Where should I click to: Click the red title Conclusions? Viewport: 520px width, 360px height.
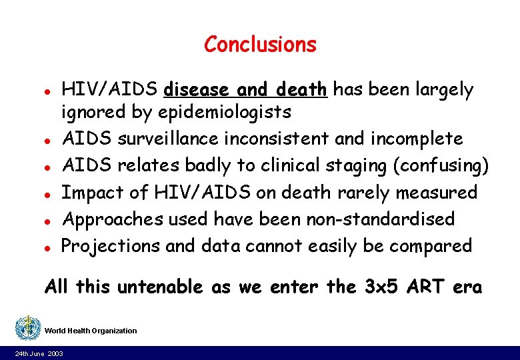(260, 45)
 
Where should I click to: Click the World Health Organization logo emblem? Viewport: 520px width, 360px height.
(27, 328)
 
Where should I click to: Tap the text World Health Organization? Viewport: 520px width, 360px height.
(91, 331)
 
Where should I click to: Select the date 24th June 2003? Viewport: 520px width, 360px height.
(39, 353)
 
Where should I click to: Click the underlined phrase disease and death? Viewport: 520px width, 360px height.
(245, 89)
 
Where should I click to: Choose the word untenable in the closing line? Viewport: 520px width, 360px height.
(161, 287)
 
